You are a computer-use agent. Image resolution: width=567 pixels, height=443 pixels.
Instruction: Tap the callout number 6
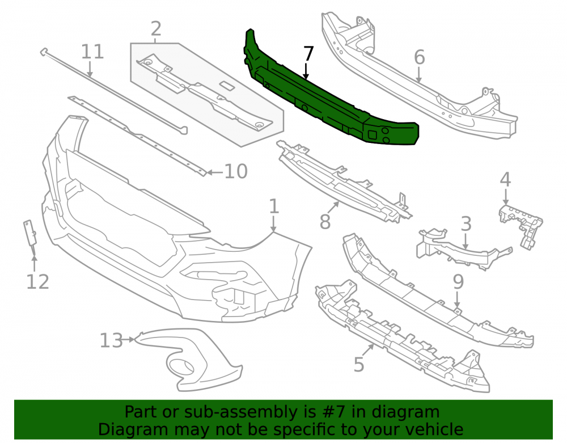point(419,57)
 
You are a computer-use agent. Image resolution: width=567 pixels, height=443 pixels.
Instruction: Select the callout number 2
point(155,28)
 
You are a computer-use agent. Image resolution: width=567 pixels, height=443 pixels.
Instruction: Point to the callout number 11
point(92,52)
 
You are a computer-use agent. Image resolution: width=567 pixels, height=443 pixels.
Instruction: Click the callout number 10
point(236,171)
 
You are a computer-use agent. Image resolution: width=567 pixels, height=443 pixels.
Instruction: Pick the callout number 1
point(274,206)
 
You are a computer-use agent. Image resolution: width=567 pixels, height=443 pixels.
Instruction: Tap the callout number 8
point(325,221)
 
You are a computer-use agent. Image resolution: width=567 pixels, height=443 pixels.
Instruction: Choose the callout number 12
point(37,282)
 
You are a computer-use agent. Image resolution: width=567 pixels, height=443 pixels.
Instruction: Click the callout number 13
point(111,341)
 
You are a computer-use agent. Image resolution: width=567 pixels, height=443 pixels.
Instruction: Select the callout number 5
point(358,364)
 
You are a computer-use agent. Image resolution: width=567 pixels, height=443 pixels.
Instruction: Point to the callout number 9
point(458,282)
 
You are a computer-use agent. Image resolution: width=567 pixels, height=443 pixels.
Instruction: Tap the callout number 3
point(466,224)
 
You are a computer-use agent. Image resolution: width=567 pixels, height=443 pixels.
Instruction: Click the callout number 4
point(505,180)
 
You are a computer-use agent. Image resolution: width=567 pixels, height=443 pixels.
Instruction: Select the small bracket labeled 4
point(521,226)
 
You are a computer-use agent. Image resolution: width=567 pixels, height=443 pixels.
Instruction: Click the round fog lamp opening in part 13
point(183,368)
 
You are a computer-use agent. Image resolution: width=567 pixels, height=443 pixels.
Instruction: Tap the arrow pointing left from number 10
point(214,172)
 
